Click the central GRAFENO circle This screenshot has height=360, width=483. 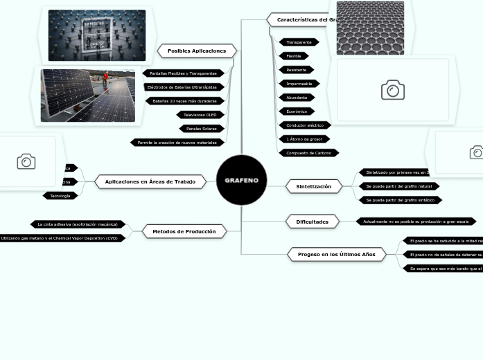tap(241, 180)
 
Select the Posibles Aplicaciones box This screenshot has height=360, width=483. tap(197, 51)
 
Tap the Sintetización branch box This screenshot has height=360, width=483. tap(313, 186)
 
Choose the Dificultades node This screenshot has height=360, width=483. tap(312, 222)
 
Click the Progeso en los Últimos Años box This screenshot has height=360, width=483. tap(336, 254)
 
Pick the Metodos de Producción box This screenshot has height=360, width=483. tap(184, 231)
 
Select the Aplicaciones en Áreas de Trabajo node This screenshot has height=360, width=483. tap(150, 181)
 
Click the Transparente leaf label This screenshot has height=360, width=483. tap(299, 42)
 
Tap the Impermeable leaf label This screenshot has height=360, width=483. tap(299, 84)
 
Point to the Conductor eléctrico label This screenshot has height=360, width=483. tap(305, 125)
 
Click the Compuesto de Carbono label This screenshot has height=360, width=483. tap(308, 153)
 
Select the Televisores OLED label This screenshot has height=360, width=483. tap(200, 115)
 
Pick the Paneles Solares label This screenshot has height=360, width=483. tap(202, 129)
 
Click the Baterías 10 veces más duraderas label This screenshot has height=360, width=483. tap(185, 101)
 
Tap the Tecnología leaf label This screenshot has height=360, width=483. tap(60, 196)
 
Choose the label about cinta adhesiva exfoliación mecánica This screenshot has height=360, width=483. tap(78, 224)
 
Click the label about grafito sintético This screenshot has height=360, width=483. tap(400, 200)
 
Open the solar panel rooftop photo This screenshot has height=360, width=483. tap(87, 95)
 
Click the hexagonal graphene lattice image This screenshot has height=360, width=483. tap(370, 28)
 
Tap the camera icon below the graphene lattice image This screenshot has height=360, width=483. tap(392, 90)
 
